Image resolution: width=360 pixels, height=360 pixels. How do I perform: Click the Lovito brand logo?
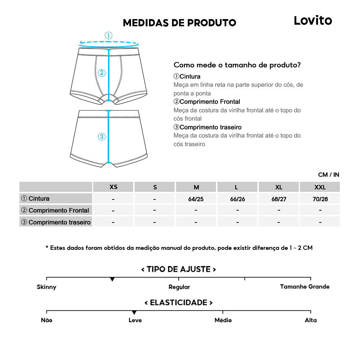tap(312, 21)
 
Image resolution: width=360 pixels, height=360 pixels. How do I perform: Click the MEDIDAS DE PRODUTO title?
tap(179, 23)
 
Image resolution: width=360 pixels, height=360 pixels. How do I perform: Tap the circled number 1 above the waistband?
tap(108, 36)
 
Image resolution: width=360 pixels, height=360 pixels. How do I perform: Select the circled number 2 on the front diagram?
tap(102, 73)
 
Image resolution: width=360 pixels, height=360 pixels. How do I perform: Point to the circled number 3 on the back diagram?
tap(102, 136)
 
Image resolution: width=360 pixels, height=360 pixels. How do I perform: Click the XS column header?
tap(113, 187)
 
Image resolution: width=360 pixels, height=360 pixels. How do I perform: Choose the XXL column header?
tap(320, 187)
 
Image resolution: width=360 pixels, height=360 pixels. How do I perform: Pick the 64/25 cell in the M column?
tap(196, 199)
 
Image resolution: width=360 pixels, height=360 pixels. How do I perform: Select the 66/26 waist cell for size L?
tap(237, 199)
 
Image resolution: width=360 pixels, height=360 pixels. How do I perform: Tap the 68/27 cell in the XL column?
tap(279, 199)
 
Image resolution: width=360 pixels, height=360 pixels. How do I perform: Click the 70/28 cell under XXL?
tap(320, 199)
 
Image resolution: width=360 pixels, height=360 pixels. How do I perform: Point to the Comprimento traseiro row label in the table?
tap(56, 222)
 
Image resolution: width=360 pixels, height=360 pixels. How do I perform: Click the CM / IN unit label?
tap(328, 175)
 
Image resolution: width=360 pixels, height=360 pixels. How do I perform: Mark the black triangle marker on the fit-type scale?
tap(112, 279)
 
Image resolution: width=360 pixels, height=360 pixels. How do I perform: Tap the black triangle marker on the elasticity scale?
tap(134, 312)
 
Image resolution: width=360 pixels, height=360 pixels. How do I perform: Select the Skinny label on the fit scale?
tap(46, 287)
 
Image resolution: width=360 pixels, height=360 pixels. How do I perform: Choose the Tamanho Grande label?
tap(305, 287)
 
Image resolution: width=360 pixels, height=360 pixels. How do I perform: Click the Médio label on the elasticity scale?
tap(223, 320)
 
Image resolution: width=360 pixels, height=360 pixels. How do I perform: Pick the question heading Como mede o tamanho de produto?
tap(237, 65)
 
